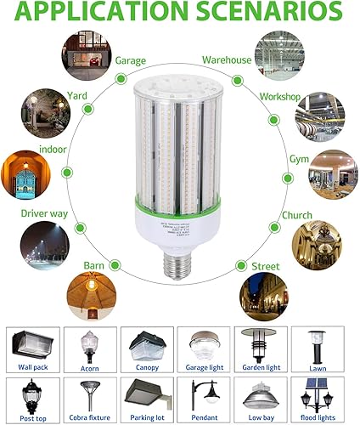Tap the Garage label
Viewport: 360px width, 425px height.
(x=131, y=60)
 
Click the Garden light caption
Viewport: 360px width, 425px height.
(x=260, y=368)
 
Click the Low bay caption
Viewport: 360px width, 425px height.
(x=260, y=418)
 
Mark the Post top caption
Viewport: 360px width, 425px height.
(x=34, y=418)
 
